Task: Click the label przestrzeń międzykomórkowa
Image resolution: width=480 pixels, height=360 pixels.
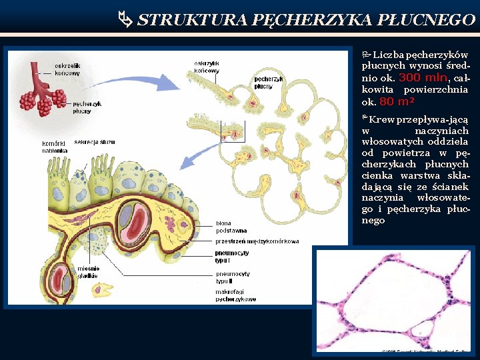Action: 257,241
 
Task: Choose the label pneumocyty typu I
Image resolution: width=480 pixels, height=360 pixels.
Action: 232,257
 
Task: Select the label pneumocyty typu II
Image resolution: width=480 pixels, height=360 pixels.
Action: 233,277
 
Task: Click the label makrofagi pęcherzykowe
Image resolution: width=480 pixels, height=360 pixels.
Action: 235,296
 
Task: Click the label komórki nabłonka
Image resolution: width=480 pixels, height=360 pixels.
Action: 54,147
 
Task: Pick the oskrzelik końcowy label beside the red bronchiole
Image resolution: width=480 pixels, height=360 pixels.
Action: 67,69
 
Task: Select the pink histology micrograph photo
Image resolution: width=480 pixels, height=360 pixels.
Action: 393,300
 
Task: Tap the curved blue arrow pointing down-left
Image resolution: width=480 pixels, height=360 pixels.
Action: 200,157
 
